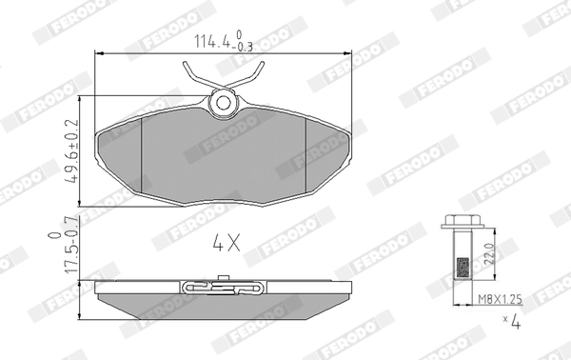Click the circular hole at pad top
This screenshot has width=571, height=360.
tap(225, 101)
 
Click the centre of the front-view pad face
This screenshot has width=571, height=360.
tap(224, 157)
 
